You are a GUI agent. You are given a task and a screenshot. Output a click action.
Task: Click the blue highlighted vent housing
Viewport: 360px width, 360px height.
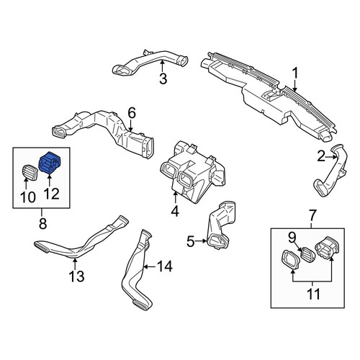pyautogui.click(x=50, y=162)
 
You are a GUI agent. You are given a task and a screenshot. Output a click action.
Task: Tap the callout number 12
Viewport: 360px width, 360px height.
pyautogui.click(x=52, y=194)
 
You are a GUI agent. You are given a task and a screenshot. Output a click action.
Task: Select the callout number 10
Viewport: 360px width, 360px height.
pyautogui.click(x=28, y=197)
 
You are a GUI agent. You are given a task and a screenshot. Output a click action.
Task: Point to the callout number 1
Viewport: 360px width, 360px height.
pyautogui.click(x=294, y=73)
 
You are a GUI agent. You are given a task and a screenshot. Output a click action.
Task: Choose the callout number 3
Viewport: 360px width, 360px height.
pyautogui.click(x=163, y=78)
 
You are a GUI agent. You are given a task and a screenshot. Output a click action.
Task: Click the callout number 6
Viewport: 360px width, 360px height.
pyautogui.click(x=132, y=113)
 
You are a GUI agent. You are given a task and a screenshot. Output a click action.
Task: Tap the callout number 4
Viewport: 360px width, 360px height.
pyautogui.click(x=175, y=211)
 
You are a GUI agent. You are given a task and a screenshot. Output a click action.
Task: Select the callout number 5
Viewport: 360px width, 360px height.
pyautogui.click(x=191, y=241)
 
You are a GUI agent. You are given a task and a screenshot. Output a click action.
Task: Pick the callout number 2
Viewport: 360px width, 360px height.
pyautogui.click(x=321, y=157)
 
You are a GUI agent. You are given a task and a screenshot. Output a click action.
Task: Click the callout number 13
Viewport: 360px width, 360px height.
pyautogui.click(x=76, y=276)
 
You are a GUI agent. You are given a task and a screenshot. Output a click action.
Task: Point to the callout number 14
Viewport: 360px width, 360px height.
pyautogui.click(x=165, y=266)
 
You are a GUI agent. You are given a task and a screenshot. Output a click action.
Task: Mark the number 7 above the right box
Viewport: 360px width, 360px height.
pyautogui.click(x=312, y=215)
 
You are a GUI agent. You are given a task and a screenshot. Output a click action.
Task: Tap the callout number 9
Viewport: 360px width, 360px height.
pyautogui.click(x=292, y=238)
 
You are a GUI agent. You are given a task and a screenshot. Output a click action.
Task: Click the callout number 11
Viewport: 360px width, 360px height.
pyautogui.click(x=313, y=294)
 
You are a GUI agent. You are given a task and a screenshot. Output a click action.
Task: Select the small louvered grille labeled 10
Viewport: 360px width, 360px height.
pyautogui.click(x=30, y=172)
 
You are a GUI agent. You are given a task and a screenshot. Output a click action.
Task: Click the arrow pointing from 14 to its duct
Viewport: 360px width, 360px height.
pyautogui.click(x=150, y=266)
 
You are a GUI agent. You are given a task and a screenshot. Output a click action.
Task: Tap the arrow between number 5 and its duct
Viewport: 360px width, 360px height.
pyautogui.click(x=201, y=241)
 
